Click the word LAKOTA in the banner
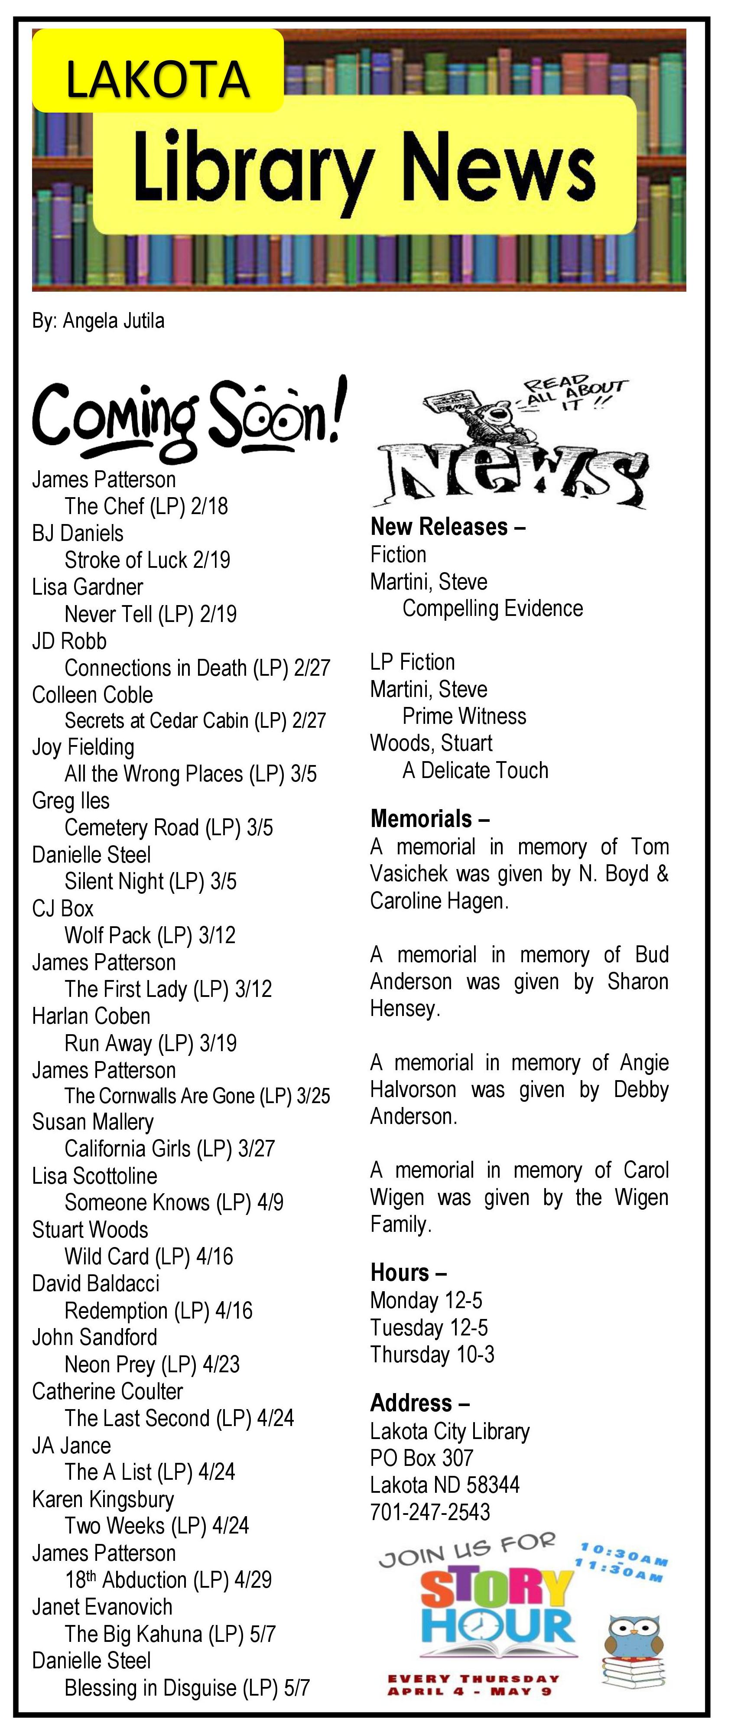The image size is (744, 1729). [158, 79]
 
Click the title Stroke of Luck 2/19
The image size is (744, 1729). [147, 560]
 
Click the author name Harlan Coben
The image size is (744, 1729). [91, 1016]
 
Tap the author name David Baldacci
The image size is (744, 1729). [96, 1283]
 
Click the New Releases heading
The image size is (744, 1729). [448, 527]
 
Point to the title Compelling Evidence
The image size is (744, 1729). [492, 609]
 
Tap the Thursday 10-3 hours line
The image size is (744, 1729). [432, 1355]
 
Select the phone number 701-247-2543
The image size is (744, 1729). [430, 1512]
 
